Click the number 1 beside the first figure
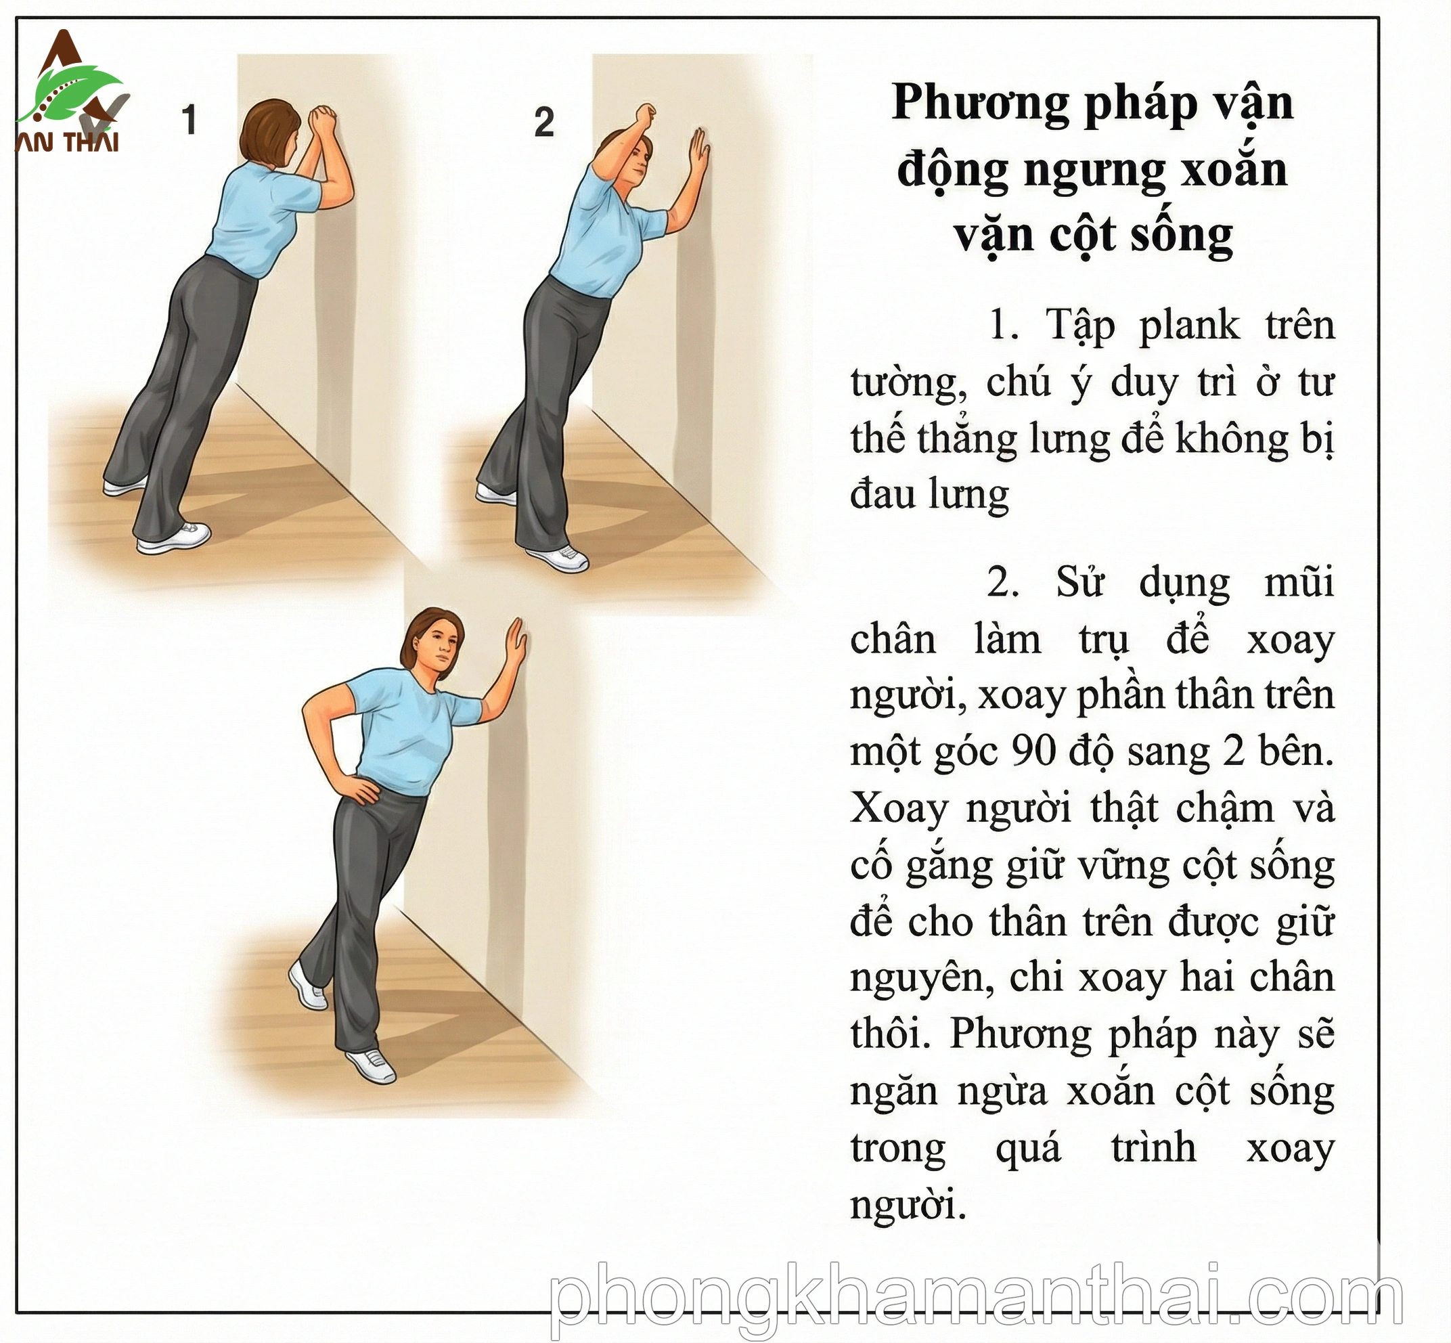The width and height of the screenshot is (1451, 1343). point(189,120)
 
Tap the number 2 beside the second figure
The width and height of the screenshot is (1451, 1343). point(543,122)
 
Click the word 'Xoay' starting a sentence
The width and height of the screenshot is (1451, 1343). point(899,808)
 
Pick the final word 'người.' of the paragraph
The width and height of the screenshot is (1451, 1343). point(908,1206)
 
